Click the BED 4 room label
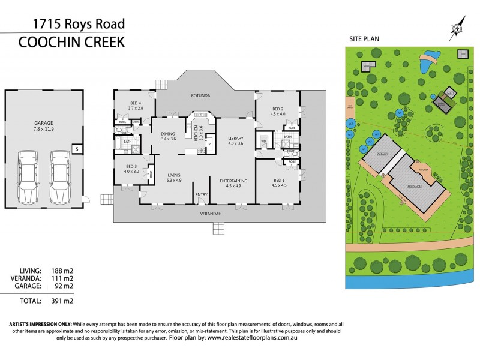pyautogui.click(x=136, y=103)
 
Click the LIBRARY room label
pyautogui.click(x=235, y=139)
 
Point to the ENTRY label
pyautogui.click(x=200, y=194)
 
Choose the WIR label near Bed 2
pyautogui.click(x=263, y=142)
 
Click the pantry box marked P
pyautogui.click(x=209, y=143)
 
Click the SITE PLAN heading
pyautogui.click(x=364, y=39)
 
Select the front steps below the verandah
pyautogui.click(x=217, y=228)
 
